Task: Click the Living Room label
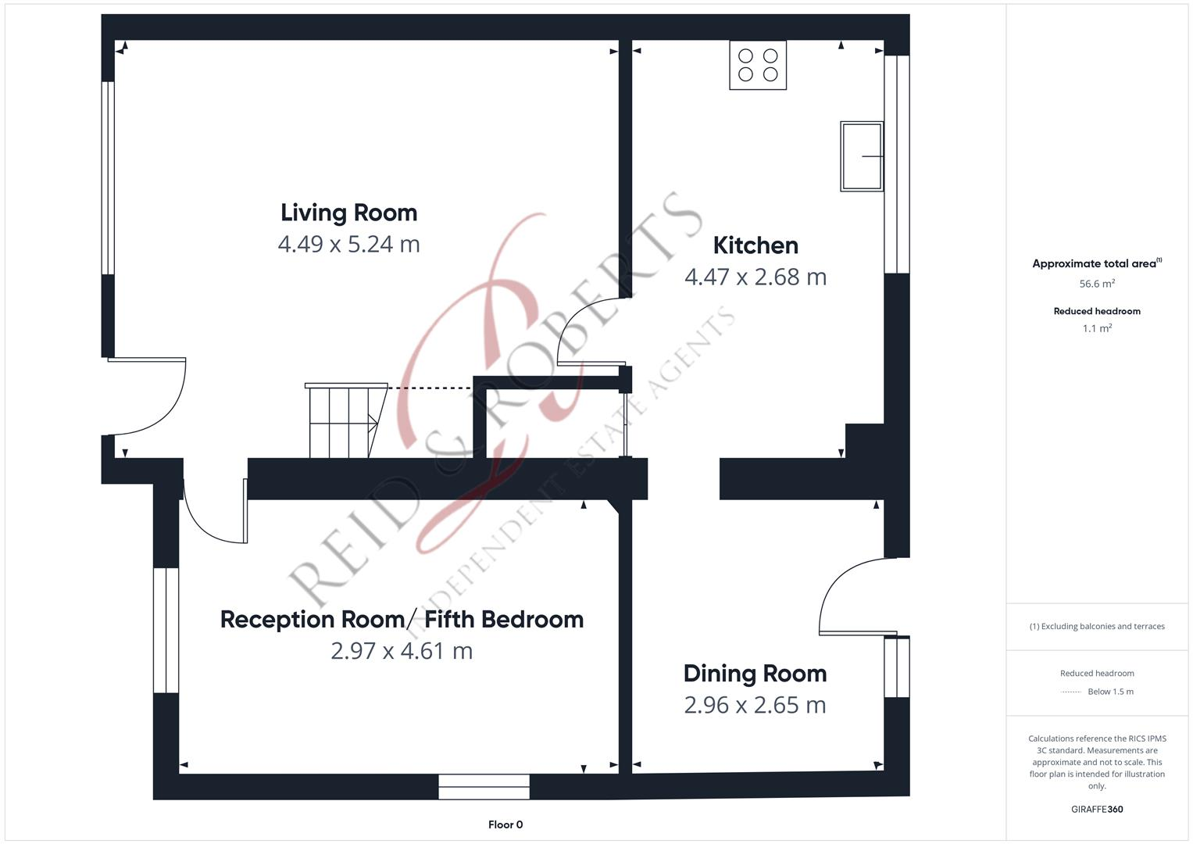coord(348,213)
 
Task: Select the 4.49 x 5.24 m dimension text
coord(348,244)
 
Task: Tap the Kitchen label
coord(755,245)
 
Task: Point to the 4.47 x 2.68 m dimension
coord(755,277)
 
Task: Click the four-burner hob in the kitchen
coord(758,65)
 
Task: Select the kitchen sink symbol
coord(862,156)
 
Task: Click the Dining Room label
coord(755,674)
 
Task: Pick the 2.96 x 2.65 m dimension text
coord(755,705)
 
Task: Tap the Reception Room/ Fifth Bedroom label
coord(402,619)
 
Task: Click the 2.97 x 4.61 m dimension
coord(402,651)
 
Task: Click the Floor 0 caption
coord(505,824)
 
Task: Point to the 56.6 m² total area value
coord(1097,284)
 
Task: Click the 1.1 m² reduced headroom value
coord(1097,329)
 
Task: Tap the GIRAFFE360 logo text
coord(1097,809)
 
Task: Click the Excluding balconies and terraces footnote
coord(1097,626)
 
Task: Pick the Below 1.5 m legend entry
coord(1110,692)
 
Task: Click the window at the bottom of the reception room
coord(484,786)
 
